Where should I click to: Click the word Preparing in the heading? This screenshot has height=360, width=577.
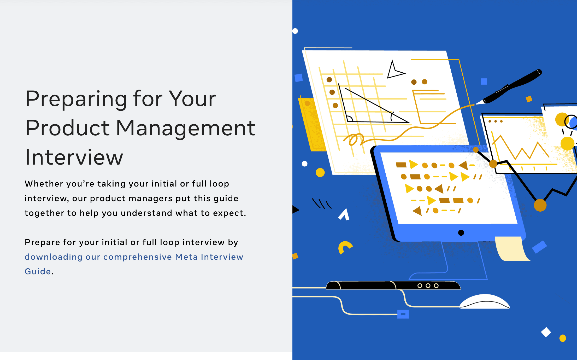click(x=76, y=99)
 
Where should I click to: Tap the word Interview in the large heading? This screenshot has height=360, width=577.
click(x=74, y=157)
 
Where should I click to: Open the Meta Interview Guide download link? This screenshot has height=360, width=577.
click(x=134, y=264)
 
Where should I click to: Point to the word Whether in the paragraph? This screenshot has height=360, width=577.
click(x=44, y=184)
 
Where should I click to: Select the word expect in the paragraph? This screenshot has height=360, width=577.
click(x=228, y=213)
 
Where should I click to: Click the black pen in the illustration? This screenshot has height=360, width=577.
click(x=509, y=87)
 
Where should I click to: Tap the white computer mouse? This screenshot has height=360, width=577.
click(x=485, y=301)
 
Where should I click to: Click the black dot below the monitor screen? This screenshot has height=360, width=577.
click(x=461, y=233)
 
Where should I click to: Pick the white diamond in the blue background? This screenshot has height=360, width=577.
click(x=546, y=332)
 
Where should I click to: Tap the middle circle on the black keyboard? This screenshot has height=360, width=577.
click(x=428, y=286)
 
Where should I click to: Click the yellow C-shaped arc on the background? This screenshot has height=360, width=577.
click(x=345, y=247)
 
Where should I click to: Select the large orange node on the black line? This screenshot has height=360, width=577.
click(x=540, y=205)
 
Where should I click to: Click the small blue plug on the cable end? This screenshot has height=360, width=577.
click(x=403, y=314)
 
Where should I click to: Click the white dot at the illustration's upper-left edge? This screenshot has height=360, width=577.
click(x=295, y=31)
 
